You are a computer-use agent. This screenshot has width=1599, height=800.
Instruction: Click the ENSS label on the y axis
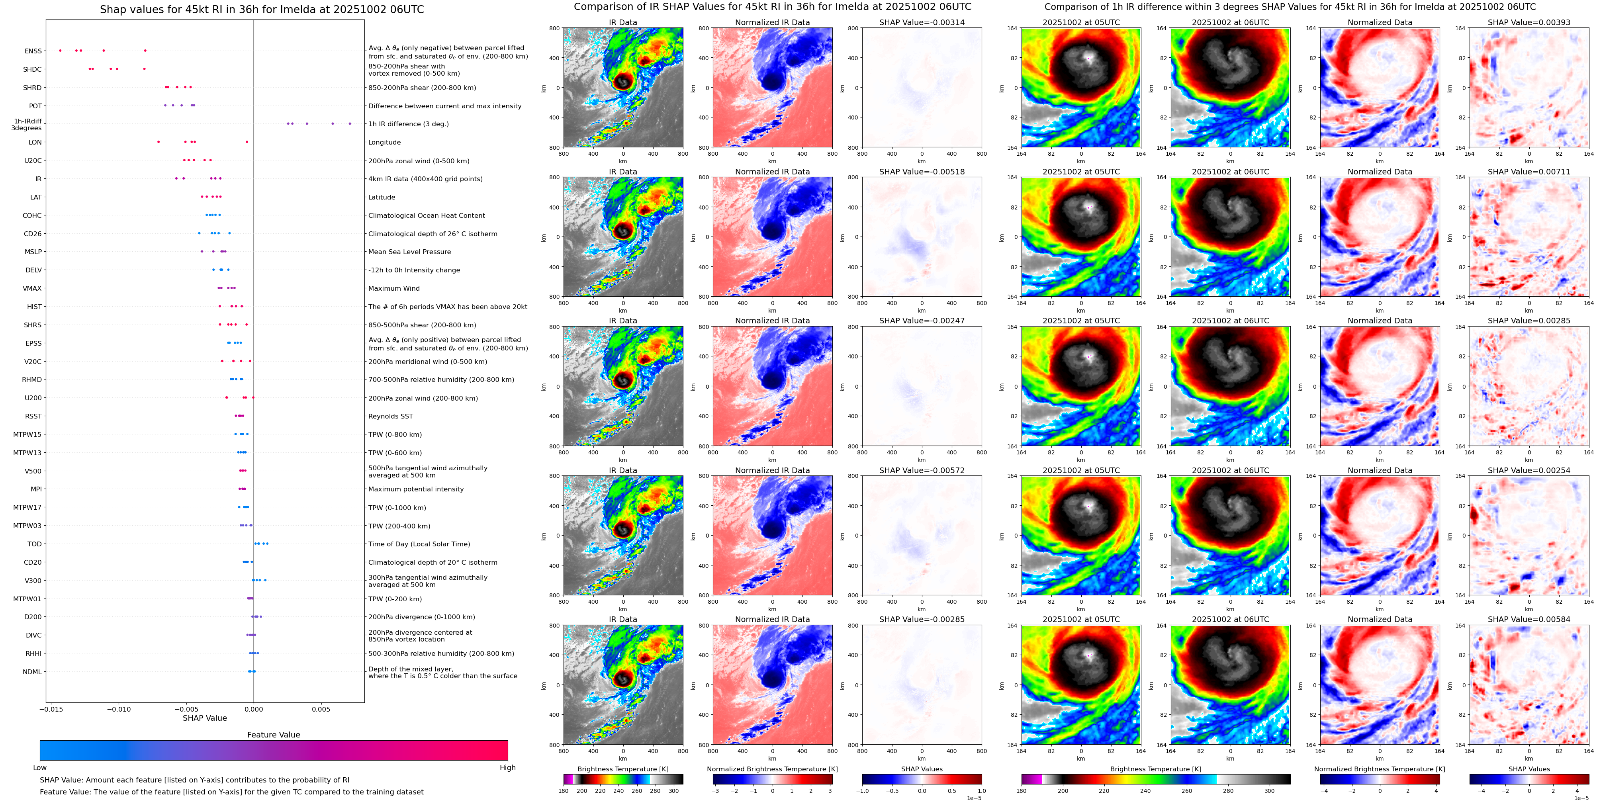pyautogui.click(x=33, y=51)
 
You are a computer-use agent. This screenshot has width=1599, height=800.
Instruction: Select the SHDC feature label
pyautogui.click(x=32, y=70)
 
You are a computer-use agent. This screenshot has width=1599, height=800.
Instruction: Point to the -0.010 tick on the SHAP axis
pyautogui.click(x=119, y=709)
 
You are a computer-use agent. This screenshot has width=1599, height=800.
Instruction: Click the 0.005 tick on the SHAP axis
pyautogui.click(x=321, y=709)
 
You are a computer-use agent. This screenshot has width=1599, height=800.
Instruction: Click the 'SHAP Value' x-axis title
pyautogui.click(x=204, y=718)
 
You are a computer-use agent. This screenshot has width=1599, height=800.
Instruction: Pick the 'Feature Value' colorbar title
pyautogui.click(x=273, y=735)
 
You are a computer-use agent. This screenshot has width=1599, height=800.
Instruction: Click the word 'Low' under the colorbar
pyautogui.click(x=40, y=768)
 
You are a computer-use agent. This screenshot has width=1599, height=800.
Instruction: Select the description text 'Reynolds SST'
pyautogui.click(x=390, y=417)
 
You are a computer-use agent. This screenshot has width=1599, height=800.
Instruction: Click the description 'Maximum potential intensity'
pyautogui.click(x=416, y=489)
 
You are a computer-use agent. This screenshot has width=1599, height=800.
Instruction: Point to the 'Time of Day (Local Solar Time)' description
pyautogui.click(x=419, y=544)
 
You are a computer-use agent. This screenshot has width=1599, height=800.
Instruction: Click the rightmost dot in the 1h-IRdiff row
pyautogui.click(x=350, y=123)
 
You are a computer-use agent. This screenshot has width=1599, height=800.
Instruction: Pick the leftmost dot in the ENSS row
pyautogui.click(x=60, y=50)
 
